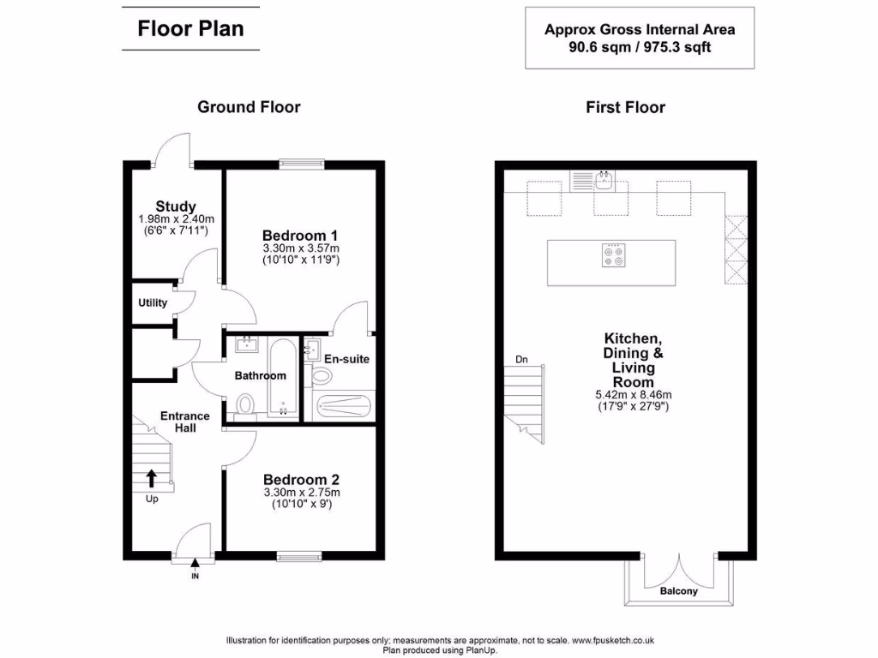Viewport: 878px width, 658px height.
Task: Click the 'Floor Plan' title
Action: [190, 28]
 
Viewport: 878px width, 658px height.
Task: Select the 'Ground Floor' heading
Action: [249, 107]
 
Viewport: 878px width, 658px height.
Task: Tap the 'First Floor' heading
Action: [625, 107]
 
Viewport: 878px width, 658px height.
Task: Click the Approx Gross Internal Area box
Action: [640, 38]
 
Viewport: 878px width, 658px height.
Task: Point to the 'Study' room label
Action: [176, 206]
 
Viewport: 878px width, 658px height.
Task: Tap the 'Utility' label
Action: [153, 303]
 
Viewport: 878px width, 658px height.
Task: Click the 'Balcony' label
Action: [678, 591]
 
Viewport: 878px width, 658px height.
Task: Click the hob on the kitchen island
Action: [612, 256]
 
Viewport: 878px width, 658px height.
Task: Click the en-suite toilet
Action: [322, 374]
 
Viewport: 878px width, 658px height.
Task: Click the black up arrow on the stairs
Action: [152, 477]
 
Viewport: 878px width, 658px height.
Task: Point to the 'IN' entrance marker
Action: [195, 577]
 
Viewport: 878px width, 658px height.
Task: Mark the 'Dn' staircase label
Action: [521, 359]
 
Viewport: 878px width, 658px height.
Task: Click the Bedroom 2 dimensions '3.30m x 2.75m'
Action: [301, 493]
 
